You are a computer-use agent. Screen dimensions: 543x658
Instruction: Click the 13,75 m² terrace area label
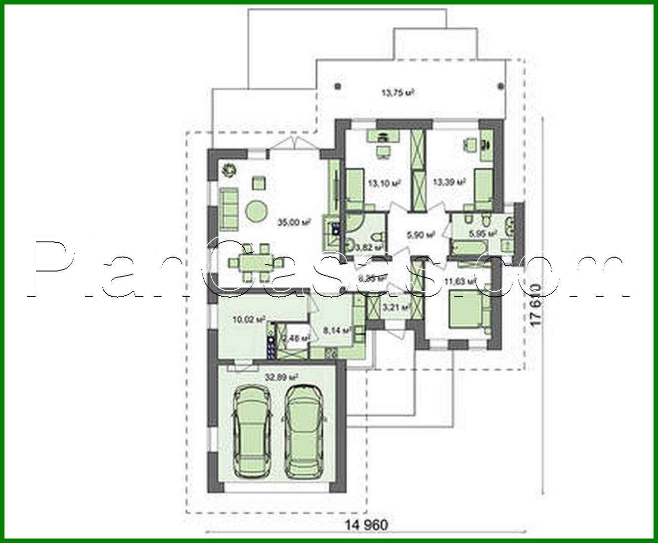[x=397, y=92]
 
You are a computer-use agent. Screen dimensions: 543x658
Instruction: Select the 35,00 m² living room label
[x=297, y=223]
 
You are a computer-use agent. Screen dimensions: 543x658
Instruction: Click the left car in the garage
[x=252, y=431]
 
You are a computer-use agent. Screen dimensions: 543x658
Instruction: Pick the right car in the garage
[x=304, y=429]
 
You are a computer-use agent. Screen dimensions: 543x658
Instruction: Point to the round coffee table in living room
[x=257, y=212]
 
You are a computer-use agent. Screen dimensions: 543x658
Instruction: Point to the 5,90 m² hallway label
[x=420, y=235]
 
